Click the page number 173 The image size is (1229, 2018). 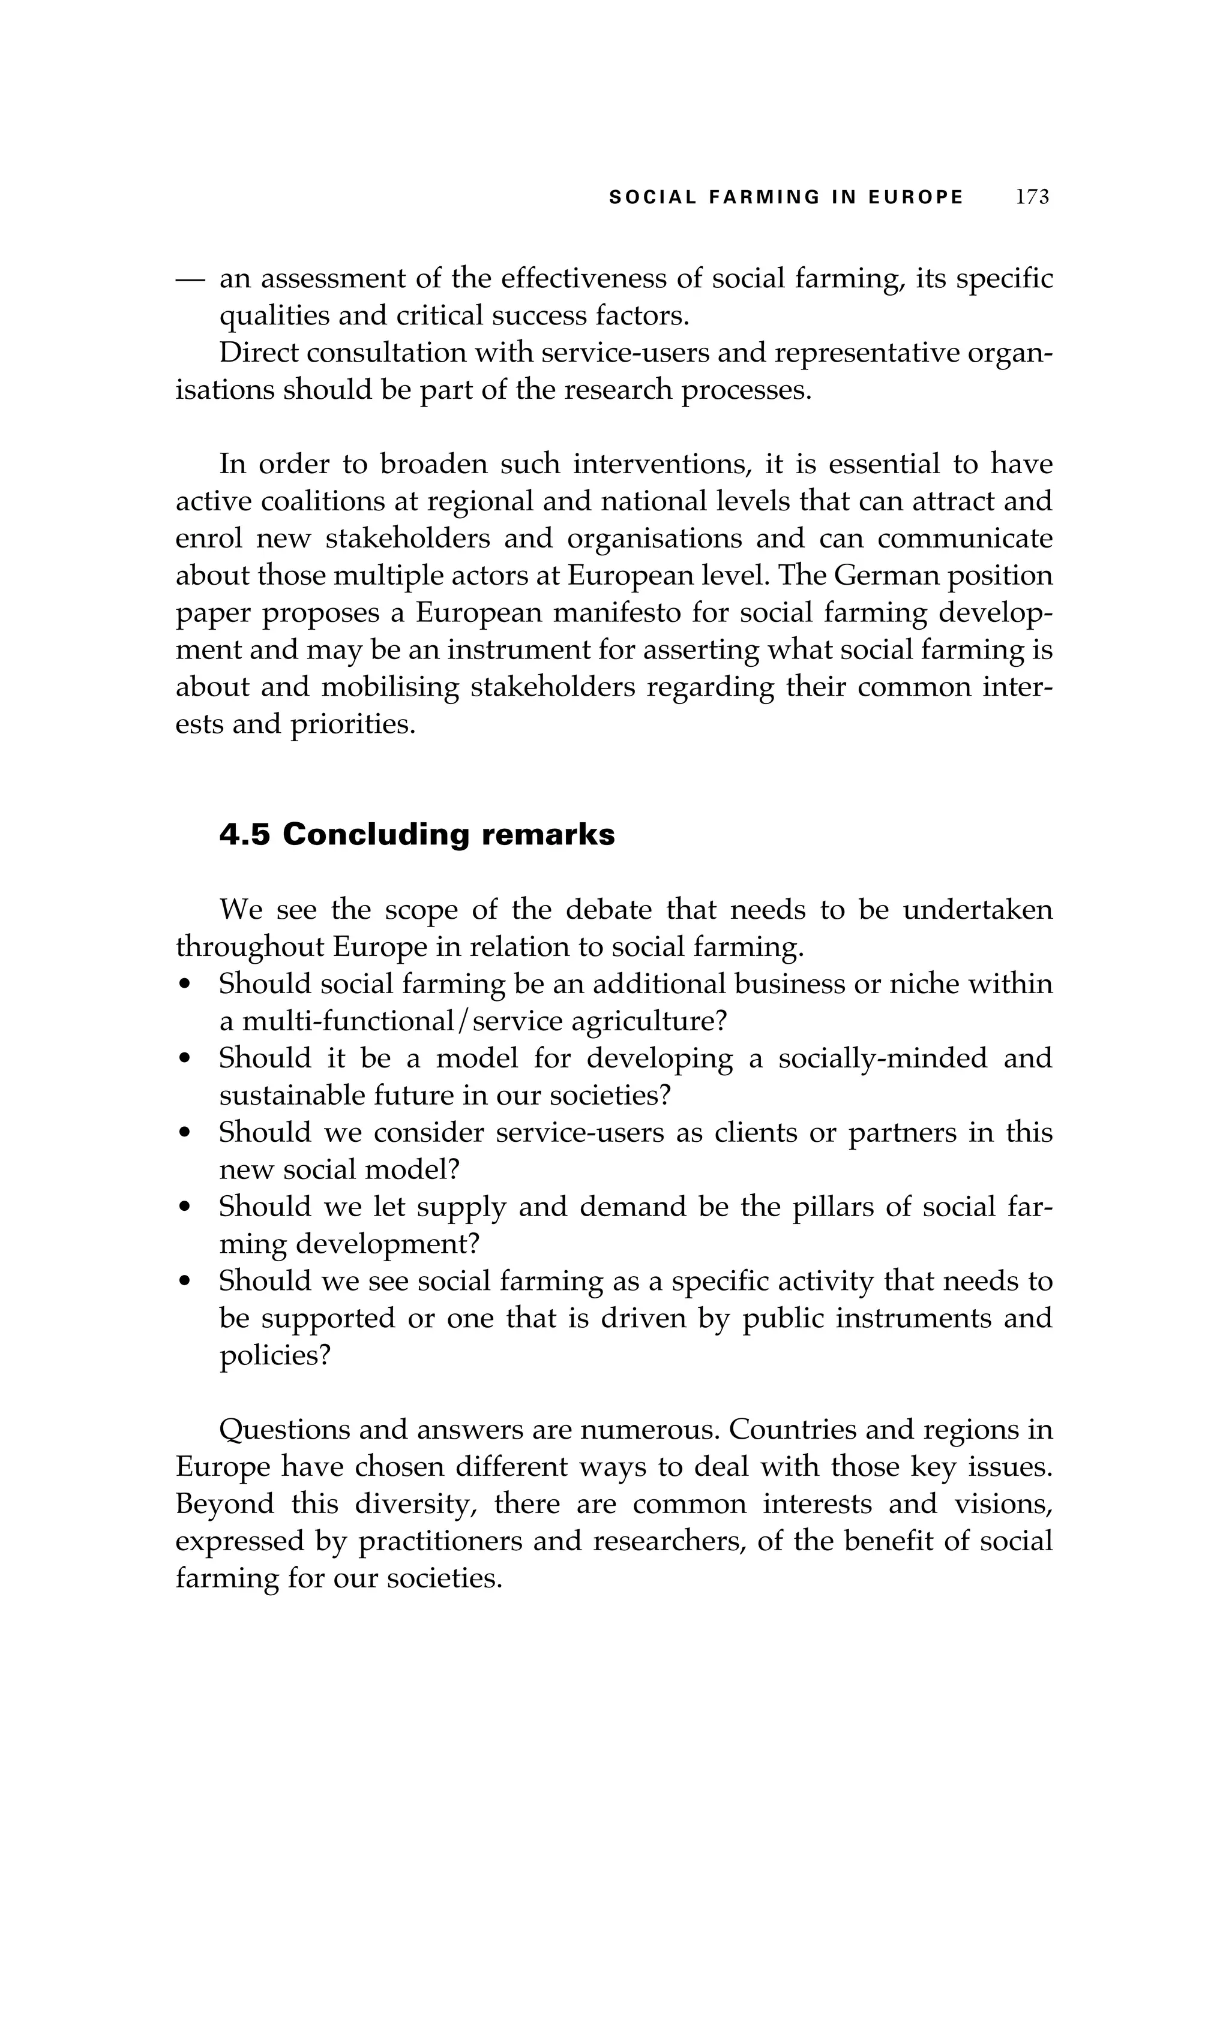point(1032,197)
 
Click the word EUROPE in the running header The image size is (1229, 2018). point(916,197)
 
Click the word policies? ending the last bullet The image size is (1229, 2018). point(274,1355)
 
